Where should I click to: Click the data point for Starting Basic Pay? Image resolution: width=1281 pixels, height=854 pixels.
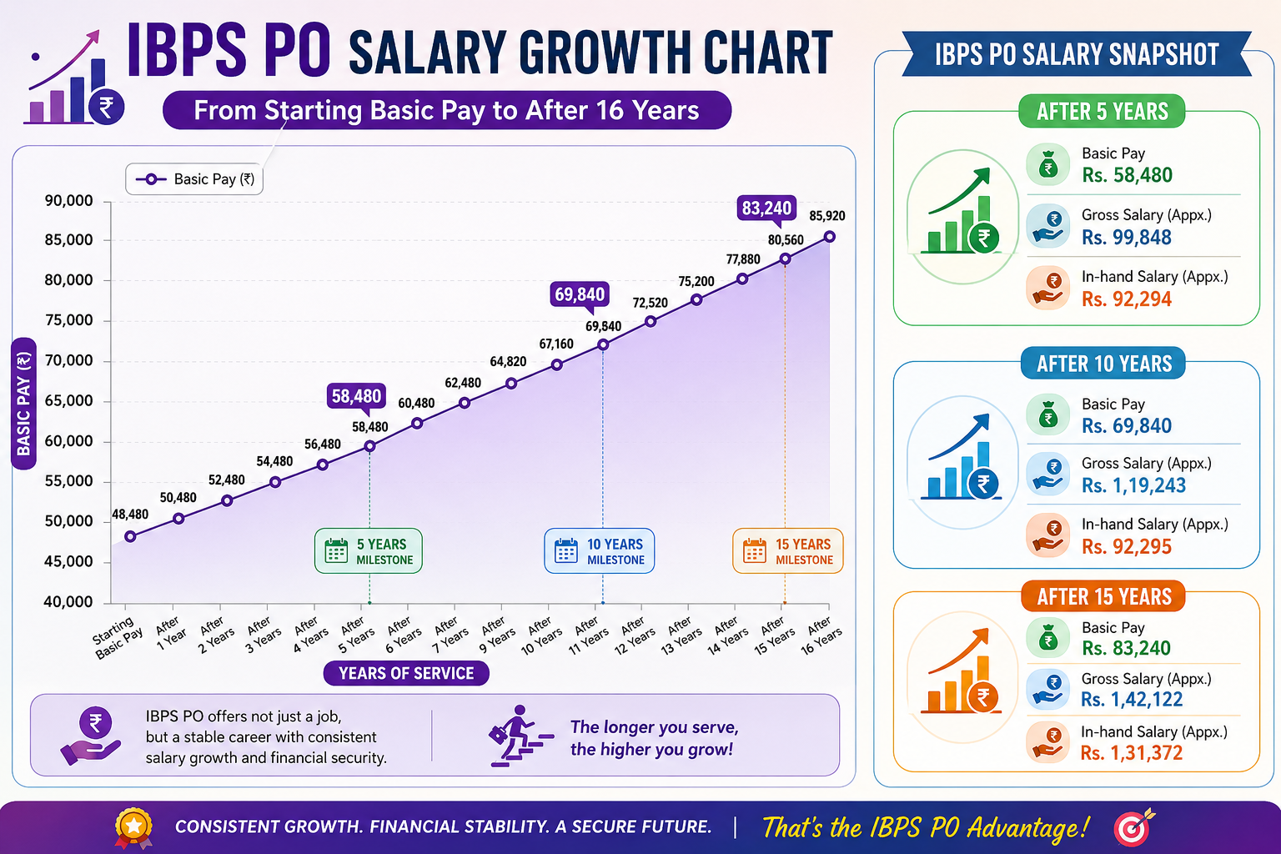point(130,536)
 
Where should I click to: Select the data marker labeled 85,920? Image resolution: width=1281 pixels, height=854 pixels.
point(830,237)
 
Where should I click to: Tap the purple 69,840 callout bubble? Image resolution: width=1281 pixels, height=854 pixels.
point(580,295)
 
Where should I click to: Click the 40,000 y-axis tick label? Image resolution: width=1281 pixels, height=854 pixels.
point(68,602)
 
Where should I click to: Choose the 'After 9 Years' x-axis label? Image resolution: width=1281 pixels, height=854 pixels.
point(496,635)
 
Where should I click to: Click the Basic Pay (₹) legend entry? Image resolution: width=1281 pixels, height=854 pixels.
point(194,179)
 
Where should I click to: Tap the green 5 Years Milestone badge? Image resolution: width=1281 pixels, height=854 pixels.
point(369,550)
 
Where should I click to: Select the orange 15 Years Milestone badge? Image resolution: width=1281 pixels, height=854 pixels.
point(787,550)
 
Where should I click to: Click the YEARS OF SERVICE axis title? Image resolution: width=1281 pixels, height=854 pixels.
point(406,673)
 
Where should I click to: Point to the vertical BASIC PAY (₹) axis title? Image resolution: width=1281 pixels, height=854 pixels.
point(23,404)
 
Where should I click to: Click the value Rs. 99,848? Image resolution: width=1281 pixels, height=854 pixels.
point(1126,238)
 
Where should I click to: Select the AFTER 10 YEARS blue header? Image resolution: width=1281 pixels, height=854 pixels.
point(1103,364)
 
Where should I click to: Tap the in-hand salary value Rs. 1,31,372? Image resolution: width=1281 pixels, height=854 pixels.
point(1131,753)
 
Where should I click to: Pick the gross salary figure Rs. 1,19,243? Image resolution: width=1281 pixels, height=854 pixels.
point(1133,485)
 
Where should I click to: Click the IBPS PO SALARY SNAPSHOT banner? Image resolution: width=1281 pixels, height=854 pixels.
point(1077,54)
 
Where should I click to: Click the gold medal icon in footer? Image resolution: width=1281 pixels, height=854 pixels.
point(133,827)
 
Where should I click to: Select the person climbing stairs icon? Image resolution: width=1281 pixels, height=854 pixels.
point(520,736)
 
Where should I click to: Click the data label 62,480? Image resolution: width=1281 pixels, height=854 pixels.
point(463,383)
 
